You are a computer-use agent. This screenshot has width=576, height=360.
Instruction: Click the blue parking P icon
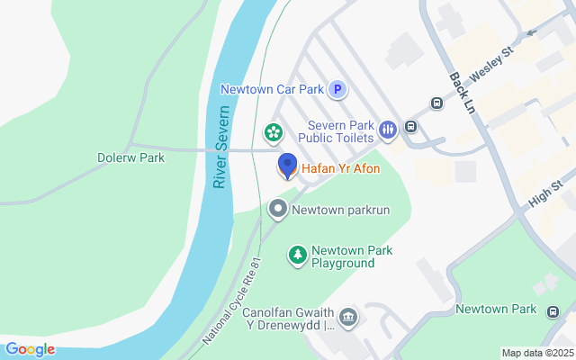(337, 89)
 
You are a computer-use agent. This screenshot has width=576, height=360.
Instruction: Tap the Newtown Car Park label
(274, 89)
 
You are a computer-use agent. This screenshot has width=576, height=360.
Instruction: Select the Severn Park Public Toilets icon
(388, 130)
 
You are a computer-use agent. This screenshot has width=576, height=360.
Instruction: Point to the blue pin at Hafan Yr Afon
(287, 166)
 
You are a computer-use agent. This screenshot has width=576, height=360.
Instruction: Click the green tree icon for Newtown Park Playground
(297, 256)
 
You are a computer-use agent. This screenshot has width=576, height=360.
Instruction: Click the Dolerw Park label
(130, 157)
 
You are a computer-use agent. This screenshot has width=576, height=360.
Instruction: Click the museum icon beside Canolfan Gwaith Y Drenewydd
(348, 317)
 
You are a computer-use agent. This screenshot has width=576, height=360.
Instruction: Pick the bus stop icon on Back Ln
(436, 103)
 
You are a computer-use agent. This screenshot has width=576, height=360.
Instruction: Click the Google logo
(29, 349)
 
